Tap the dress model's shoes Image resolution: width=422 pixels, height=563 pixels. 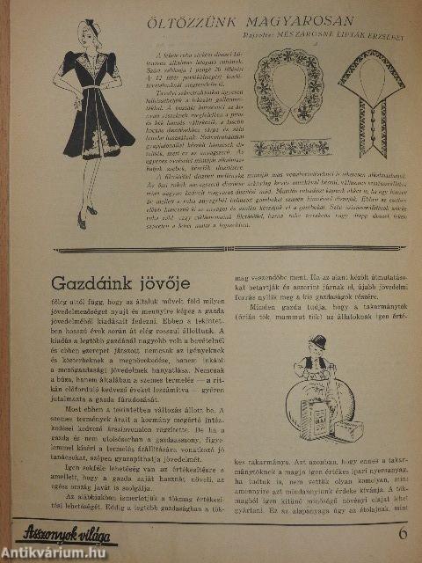(88, 211)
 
